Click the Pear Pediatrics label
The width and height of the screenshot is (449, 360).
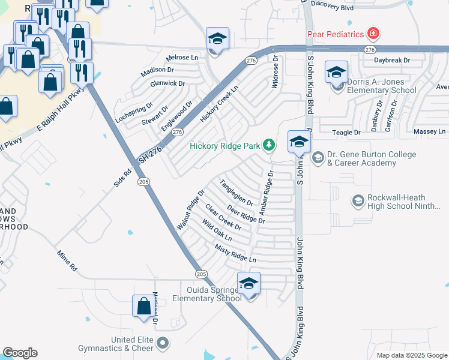tap(335, 34)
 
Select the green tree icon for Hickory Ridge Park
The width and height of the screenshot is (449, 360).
tap(270, 145)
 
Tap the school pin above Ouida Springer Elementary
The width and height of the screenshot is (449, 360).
tap(249, 283)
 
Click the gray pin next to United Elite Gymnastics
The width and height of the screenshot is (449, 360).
tap(163, 344)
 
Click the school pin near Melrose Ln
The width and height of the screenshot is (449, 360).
tap(217, 39)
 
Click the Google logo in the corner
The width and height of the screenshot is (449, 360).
tap(20, 353)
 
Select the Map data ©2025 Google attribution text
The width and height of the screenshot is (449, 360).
tap(411, 355)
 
